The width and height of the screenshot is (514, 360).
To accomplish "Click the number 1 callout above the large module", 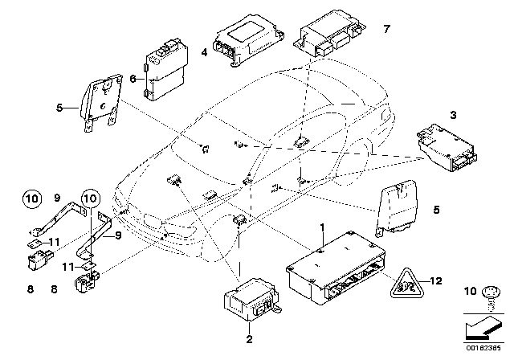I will coord(321,229).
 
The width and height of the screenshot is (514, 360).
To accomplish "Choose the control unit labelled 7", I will coord(331,38).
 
